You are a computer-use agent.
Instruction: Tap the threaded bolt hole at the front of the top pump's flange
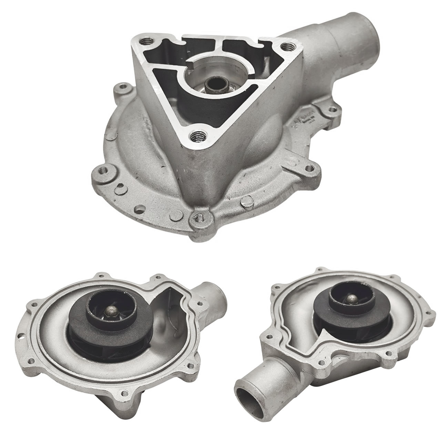click(x=199, y=217)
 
